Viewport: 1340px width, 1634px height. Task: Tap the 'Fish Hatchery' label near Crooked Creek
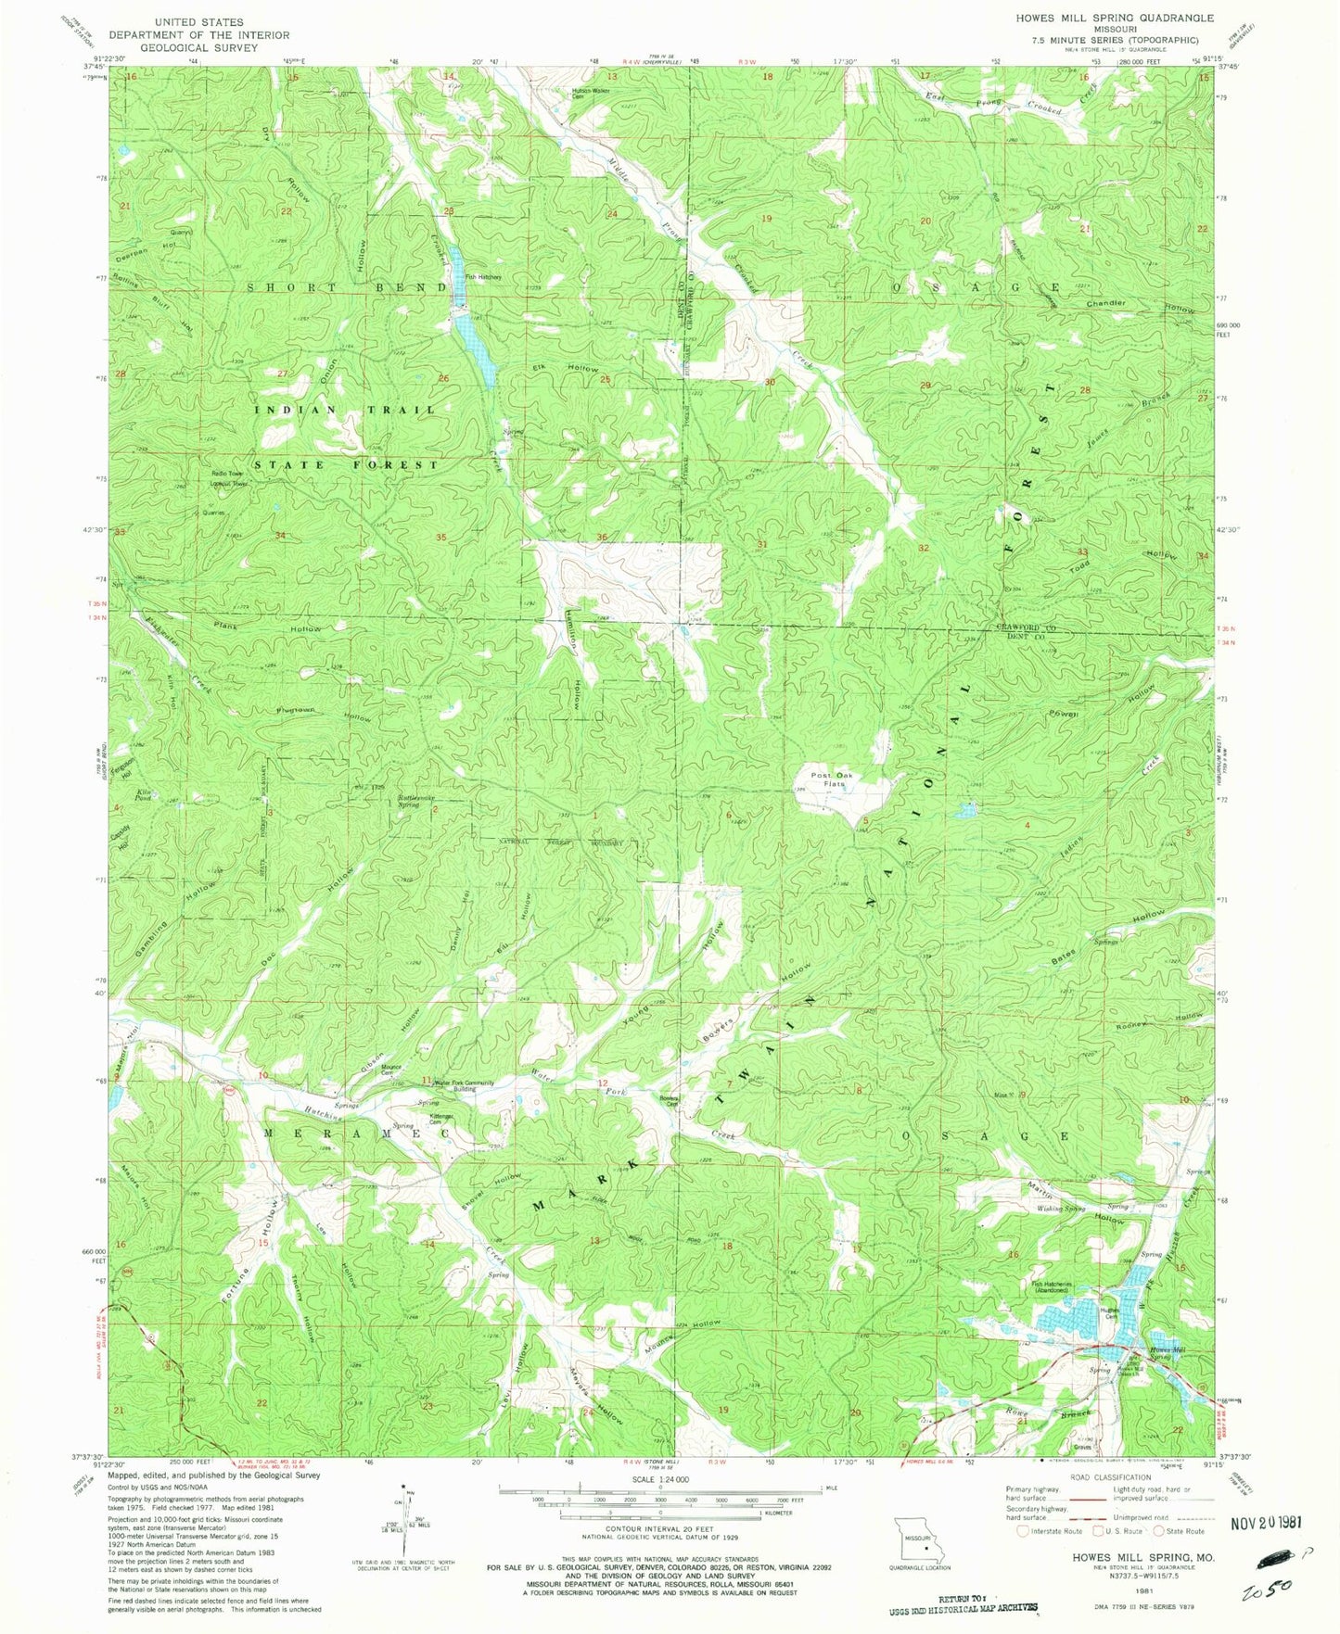point(483,276)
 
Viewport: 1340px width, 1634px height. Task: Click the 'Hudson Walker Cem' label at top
point(588,93)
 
